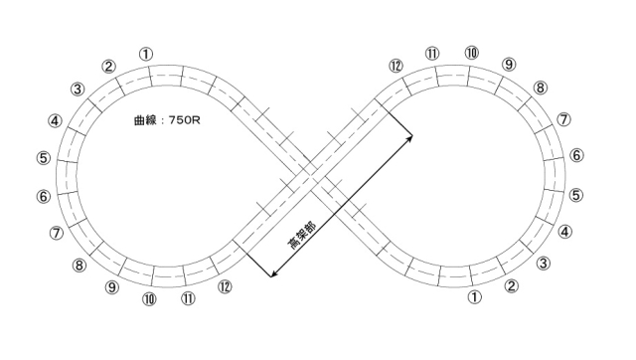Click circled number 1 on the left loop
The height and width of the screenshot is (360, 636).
146,54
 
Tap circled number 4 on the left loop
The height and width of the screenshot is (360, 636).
55,121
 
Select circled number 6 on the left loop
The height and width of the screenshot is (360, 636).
44,197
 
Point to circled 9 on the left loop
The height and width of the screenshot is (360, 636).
112,287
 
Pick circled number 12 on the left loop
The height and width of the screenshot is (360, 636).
225,286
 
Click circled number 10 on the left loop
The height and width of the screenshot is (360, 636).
149,299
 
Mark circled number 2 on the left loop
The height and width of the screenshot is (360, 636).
108,67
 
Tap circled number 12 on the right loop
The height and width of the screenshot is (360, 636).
396,66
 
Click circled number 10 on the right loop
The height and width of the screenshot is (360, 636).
471,53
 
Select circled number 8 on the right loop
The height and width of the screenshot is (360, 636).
540,88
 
